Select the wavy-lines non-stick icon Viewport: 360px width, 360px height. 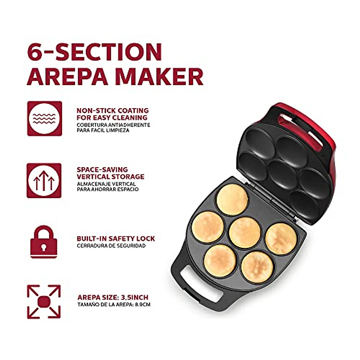tap(44, 118)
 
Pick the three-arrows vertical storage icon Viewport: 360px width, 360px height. tap(44, 180)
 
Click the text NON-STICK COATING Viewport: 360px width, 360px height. tap(112, 110)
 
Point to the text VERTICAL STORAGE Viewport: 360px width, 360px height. tap(110, 177)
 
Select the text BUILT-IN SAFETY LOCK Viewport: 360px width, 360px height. tap(116, 238)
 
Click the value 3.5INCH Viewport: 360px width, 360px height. tap(135, 298)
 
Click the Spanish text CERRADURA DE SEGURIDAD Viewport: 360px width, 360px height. tap(111, 246)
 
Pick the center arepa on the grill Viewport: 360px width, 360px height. tap(245, 232)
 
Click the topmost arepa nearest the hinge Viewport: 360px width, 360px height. tap(232, 199)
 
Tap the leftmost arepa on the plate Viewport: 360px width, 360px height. tap(208, 227)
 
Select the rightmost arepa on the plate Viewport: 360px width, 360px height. tap(281, 238)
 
